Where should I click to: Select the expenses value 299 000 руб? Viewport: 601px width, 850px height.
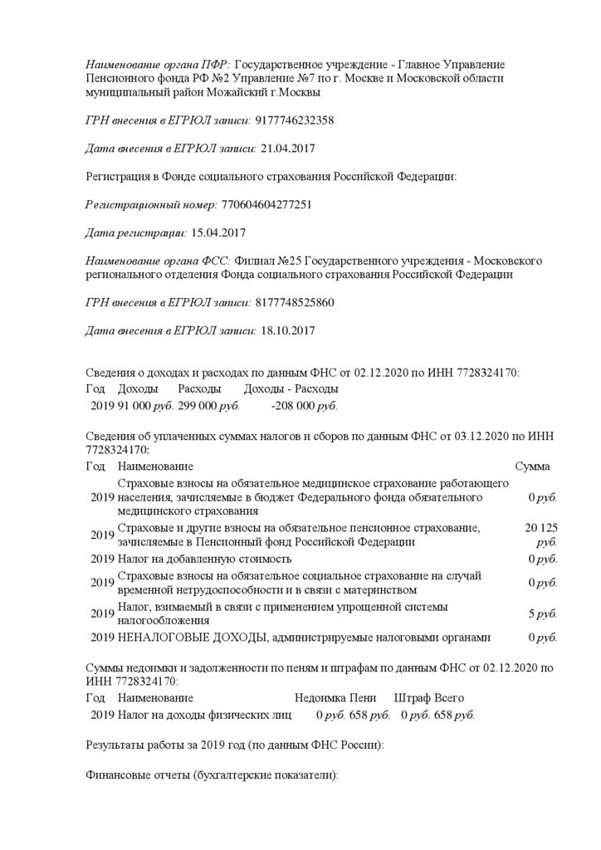tap(208, 407)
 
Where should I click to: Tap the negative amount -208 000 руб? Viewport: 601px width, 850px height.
tap(304, 407)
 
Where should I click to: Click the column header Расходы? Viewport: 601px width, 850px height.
tap(199, 388)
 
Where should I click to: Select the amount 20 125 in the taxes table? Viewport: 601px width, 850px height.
tap(540, 528)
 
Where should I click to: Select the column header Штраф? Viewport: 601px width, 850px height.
tap(412, 698)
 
